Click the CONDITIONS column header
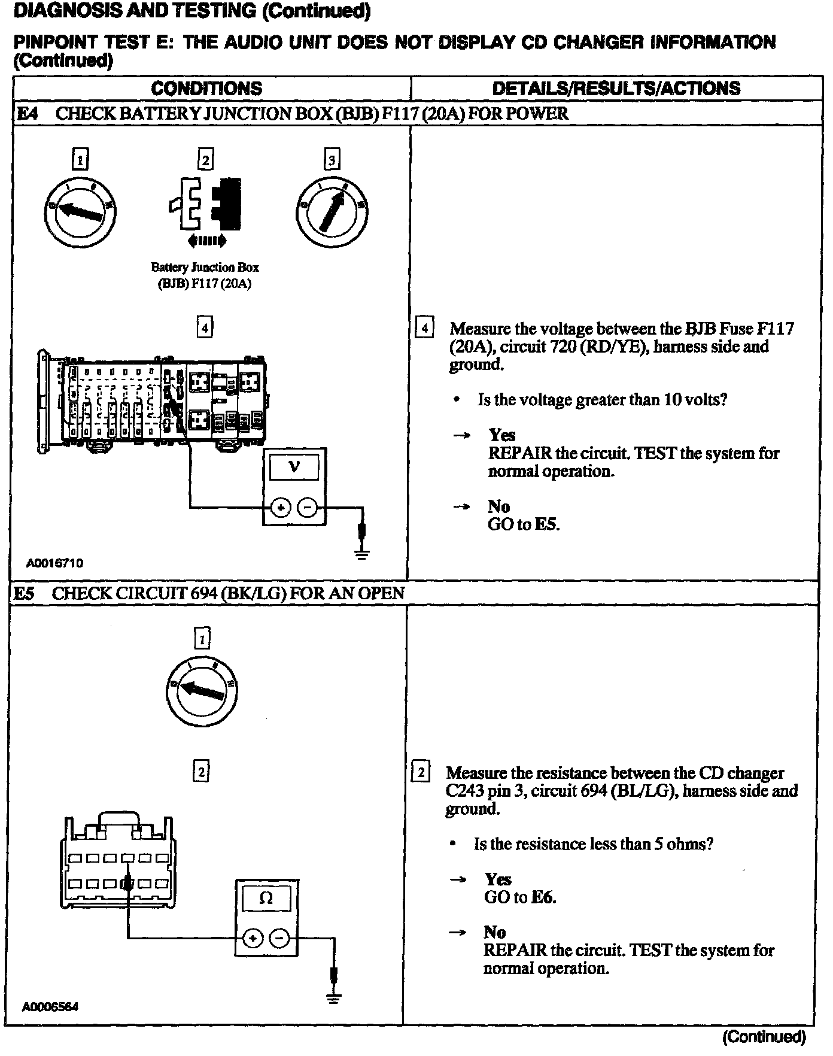[206, 89]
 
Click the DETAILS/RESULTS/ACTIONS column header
[616, 89]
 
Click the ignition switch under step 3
[332, 211]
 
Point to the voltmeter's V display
[294, 467]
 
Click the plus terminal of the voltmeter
[280, 508]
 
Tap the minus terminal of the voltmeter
[308, 508]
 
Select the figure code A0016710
[54, 563]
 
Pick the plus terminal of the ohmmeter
[253, 938]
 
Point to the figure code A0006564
[51, 1007]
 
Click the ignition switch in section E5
[202, 692]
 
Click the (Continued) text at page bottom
[764, 1037]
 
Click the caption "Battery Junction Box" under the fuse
[205, 268]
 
